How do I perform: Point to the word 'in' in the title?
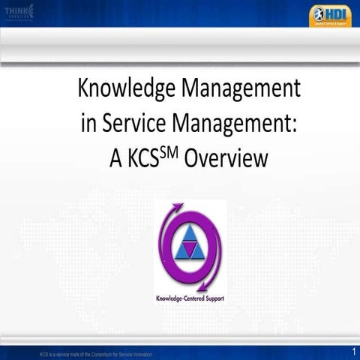click(89, 124)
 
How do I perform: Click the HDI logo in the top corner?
click(330, 15)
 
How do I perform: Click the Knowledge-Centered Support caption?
click(190, 298)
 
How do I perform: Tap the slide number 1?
click(352, 351)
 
